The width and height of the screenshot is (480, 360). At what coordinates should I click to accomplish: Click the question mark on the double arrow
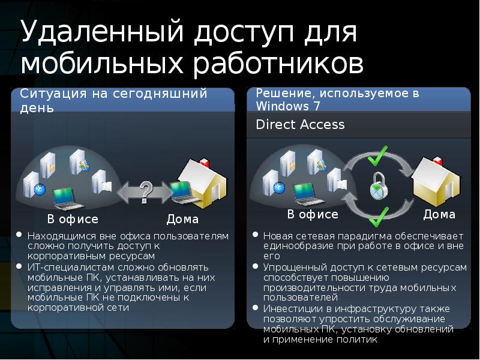[x=145, y=190]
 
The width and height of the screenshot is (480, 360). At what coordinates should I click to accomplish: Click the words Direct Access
[x=300, y=125]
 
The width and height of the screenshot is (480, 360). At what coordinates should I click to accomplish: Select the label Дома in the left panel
[x=183, y=219]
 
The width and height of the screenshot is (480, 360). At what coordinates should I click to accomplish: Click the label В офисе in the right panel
[x=313, y=214]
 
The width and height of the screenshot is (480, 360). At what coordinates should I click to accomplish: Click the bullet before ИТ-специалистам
[x=20, y=266]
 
